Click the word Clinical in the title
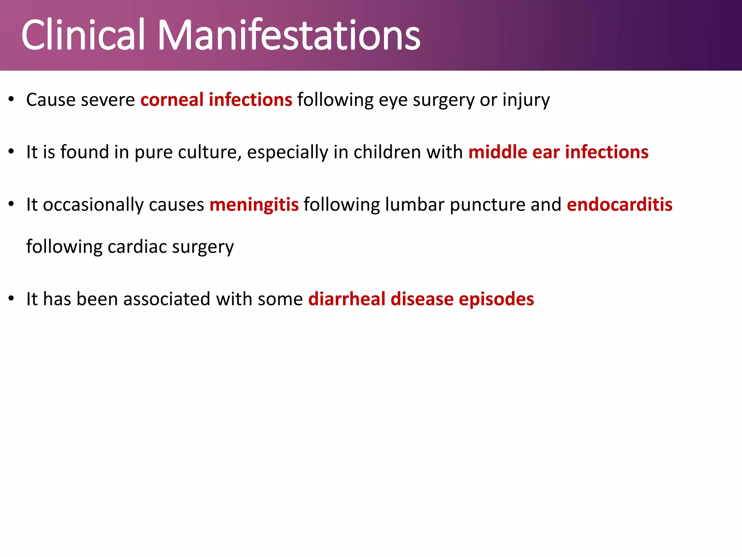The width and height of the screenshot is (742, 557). click(x=83, y=35)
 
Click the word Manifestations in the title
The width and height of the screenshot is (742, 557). click(x=289, y=35)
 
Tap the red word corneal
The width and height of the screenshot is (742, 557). click(x=172, y=100)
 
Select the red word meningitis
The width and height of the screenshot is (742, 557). click(x=254, y=205)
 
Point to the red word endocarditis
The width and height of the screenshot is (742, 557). click(x=620, y=205)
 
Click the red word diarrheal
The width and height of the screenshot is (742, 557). click(x=347, y=299)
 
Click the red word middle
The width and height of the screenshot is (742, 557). click(x=497, y=152)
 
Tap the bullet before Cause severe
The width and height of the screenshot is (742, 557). click(x=11, y=99)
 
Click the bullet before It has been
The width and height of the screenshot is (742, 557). click(x=11, y=298)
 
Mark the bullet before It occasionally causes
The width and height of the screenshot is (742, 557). click(x=11, y=204)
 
